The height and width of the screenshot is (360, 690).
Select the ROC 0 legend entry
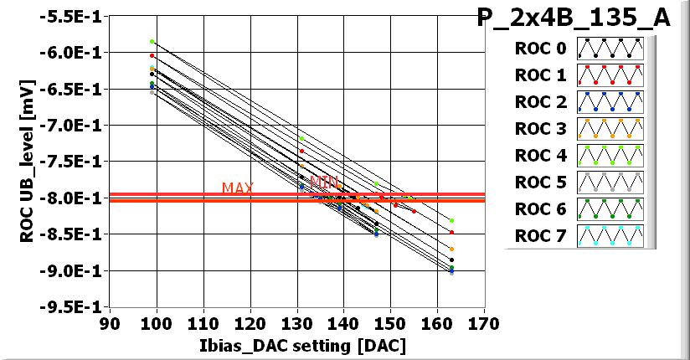coord(541,49)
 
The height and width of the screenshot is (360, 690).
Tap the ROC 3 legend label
coord(541,129)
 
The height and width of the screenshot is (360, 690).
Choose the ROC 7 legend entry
coord(541,235)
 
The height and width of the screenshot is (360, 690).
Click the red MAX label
coord(238,188)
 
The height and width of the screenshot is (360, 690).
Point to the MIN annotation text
coord(323,182)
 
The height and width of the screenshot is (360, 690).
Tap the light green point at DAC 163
coord(451,220)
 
